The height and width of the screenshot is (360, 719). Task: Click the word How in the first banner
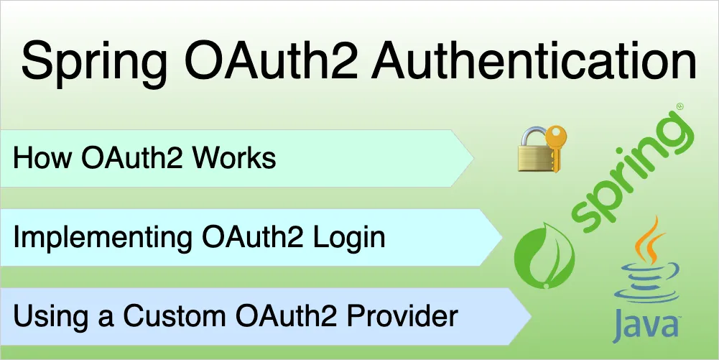42,159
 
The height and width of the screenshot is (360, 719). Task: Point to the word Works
234,159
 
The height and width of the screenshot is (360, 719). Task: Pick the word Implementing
102,239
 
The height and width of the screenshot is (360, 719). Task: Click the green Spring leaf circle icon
542,255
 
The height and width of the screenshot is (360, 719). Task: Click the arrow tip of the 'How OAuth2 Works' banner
474,158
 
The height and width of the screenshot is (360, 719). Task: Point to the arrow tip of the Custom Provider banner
532,316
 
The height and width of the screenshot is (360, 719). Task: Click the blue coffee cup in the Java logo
647,282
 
